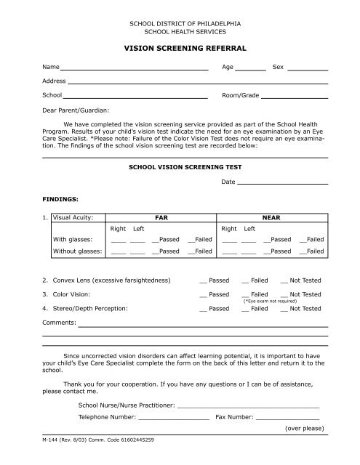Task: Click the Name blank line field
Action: coord(135,68)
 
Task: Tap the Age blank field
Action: coord(251,68)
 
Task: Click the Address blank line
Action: coord(196,83)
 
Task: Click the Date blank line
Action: coord(283,182)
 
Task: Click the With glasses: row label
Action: coord(72,239)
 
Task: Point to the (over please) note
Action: coord(304,429)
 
